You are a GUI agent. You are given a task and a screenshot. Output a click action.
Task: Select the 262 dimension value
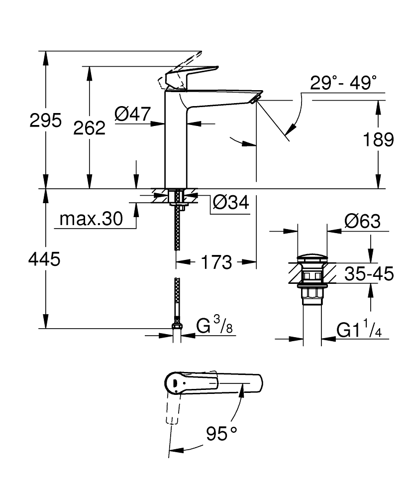click(89, 127)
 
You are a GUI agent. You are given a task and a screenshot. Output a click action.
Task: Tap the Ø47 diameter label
click(132, 115)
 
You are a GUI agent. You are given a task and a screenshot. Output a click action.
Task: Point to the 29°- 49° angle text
click(343, 83)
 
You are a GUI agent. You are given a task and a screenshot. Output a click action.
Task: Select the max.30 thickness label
click(90, 219)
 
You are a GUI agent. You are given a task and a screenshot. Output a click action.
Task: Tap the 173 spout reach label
click(216, 261)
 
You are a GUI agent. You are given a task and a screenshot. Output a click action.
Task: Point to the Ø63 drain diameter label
click(362, 221)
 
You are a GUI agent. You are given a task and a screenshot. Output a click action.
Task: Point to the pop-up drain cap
click(312, 258)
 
